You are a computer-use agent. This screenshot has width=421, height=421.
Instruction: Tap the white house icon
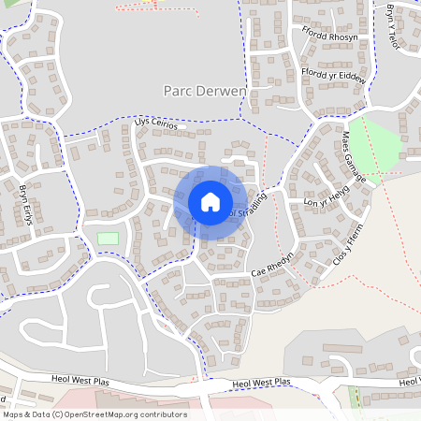pos(210,202)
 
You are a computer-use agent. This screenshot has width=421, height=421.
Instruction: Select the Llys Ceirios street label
pos(154,121)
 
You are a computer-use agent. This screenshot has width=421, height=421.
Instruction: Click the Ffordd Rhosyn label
pos(329,37)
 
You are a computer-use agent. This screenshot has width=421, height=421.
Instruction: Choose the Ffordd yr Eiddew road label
pos(334,74)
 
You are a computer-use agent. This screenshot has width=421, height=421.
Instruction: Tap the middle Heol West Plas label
pos(262,383)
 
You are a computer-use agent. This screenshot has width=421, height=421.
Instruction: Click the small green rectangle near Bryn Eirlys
pos(109,239)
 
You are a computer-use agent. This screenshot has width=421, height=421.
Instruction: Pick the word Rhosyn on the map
pos(343,37)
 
